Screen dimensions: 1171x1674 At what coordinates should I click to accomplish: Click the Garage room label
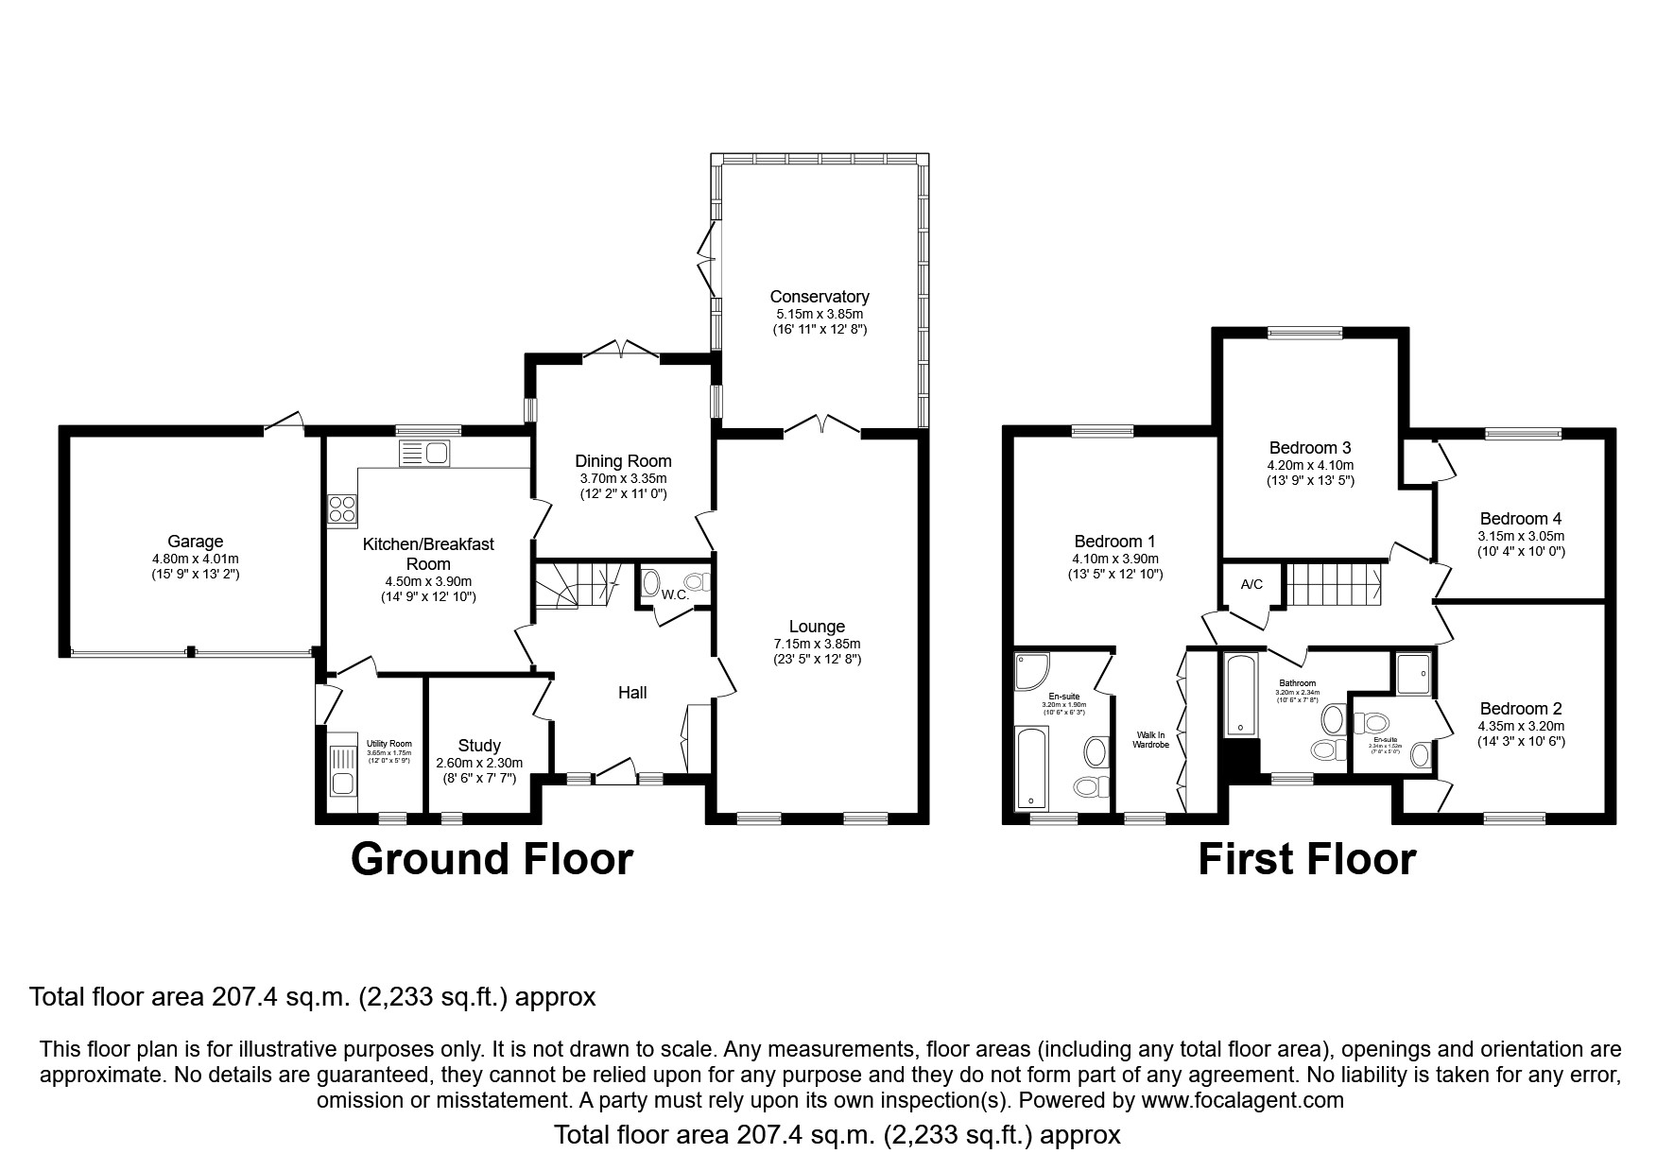pos(195,542)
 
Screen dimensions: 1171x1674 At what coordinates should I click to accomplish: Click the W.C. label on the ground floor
pos(674,594)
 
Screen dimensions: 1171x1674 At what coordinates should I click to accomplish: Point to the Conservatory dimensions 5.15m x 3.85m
pos(819,314)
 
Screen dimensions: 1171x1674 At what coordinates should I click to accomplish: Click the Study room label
pos(478,746)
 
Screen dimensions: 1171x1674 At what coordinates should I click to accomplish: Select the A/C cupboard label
pos(1251,584)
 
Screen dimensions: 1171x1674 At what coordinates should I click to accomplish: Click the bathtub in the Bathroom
pos(1239,695)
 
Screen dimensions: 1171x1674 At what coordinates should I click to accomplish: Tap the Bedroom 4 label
pos(1520,518)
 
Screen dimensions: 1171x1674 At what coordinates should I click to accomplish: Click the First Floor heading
pos(1306,860)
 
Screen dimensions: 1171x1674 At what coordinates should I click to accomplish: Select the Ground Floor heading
pos(491,860)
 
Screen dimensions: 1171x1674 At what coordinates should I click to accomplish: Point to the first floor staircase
pos(1333,584)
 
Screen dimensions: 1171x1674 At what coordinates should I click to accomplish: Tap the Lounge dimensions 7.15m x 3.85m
pos(817,644)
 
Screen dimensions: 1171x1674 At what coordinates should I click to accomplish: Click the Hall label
pos(631,693)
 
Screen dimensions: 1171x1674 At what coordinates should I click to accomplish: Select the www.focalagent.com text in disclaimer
pos(1242,1100)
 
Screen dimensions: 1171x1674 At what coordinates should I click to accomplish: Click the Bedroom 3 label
pos(1309,447)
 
